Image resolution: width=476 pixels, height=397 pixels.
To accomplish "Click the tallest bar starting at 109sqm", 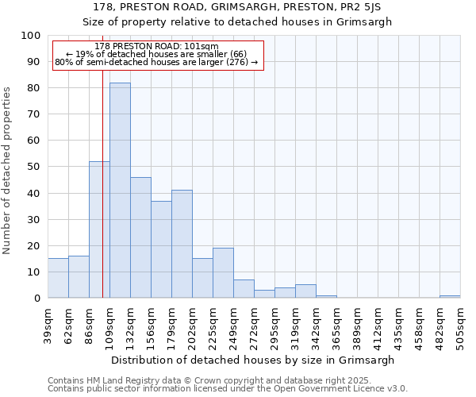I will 120,191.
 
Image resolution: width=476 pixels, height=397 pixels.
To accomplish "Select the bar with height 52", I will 99,230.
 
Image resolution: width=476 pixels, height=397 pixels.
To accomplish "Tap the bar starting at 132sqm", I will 140,237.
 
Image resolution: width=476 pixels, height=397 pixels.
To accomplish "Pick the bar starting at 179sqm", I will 182,244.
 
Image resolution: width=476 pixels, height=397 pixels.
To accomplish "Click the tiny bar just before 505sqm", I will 450,296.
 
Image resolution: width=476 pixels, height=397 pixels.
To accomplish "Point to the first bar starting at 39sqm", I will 58,278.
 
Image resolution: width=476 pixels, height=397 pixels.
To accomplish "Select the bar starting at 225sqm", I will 223,273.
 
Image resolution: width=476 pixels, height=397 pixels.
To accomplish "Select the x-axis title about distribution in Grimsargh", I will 254,360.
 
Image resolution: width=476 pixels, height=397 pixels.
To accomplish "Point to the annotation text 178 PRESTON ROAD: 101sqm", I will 156,47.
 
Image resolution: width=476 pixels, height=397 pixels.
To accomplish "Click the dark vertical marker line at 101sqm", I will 102,198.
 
